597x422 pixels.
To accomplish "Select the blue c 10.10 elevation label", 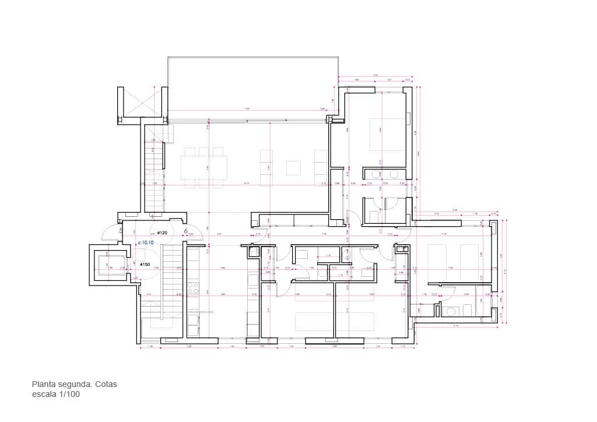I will [145, 242].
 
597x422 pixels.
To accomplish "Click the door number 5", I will [121, 231].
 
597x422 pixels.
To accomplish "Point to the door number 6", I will [186, 231].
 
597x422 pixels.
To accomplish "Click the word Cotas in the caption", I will [106, 385].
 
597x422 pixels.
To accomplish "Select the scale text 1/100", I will [69, 395].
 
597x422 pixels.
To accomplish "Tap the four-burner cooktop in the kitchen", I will [193, 287].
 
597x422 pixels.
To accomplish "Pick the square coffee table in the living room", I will [293, 168].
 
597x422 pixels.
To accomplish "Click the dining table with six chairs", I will [203, 168].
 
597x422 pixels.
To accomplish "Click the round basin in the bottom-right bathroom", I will [451, 311].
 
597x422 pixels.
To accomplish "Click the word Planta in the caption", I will [44, 385].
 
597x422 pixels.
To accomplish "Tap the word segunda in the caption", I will [75, 385].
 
